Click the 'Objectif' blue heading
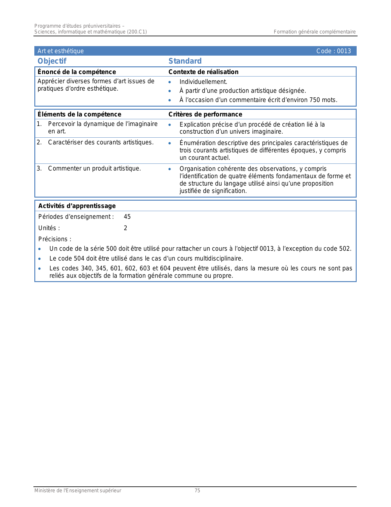click(x=52, y=61)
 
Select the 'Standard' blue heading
click(x=185, y=61)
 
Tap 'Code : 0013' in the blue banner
click(x=333, y=51)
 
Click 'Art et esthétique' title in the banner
click(x=60, y=51)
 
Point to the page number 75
click(x=197, y=491)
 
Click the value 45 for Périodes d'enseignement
click(x=127, y=217)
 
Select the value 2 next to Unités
click(x=125, y=228)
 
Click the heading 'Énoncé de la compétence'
click(x=77, y=72)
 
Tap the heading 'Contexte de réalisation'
click(x=203, y=72)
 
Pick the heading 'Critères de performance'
click(x=205, y=114)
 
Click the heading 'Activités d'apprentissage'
click(x=77, y=206)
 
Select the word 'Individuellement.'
click(x=203, y=82)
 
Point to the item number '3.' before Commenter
click(x=39, y=168)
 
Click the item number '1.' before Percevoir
click(x=39, y=124)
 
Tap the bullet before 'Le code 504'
click(x=39, y=259)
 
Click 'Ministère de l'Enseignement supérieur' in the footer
click(x=78, y=491)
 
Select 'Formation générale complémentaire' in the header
click(x=315, y=32)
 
